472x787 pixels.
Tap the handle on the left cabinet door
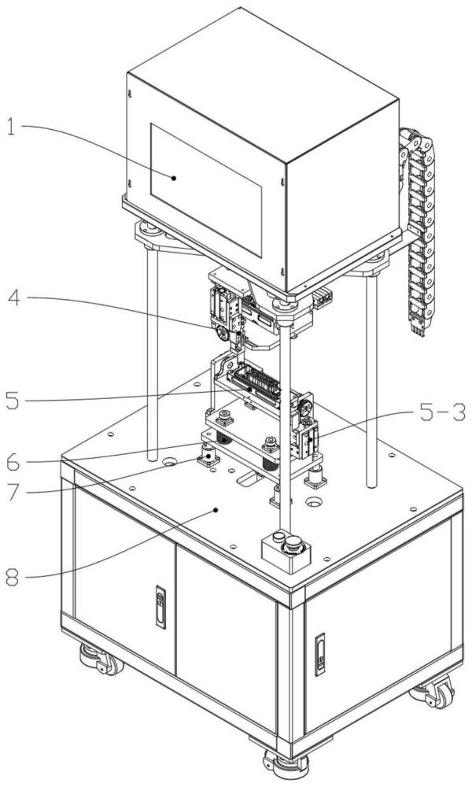[x=160, y=607]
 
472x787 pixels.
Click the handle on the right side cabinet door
[x=319, y=655]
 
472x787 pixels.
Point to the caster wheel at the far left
[x=101, y=660]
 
